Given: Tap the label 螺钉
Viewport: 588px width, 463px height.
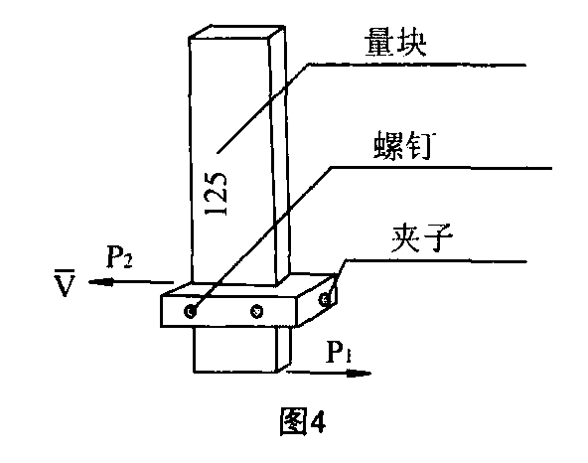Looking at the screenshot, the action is pyautogui.click(x=402, y=145).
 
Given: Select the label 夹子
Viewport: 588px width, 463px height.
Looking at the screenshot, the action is pyautogui.click(x=421, y=237).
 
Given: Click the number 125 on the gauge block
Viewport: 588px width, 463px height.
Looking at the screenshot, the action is pyautogui.click(x=216, y=194).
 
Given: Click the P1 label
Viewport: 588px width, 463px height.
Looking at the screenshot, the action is pyautogui.click(x=339, y=352).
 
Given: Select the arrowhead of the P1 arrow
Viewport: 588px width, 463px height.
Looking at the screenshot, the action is pyautogui.click(x=360, y=373).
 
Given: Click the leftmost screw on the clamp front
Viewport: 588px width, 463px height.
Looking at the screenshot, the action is pyautogui.click(x=191, y=311).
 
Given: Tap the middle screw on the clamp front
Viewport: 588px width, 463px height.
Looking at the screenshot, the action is pyautogui.click(x=256, y=311).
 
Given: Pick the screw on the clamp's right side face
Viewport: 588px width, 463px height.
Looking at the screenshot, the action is pyautogui.click(x=325, y=299).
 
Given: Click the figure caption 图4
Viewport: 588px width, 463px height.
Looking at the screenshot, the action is pyautogui.click(x=303, y=421).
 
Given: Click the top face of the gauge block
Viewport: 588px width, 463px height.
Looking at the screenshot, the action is pyautogui.click(x=236, y=32).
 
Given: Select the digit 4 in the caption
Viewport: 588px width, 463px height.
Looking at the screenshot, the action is pyautogui.click(x=318, y=421).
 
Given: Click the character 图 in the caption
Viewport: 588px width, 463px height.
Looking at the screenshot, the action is pyautogui.click(x=293, y=421).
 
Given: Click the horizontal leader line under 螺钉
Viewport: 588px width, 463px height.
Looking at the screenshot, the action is pyautogui.click(x=441, y=168).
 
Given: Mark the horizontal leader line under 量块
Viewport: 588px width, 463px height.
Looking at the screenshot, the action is pyautogui.click(x=417, y=65).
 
